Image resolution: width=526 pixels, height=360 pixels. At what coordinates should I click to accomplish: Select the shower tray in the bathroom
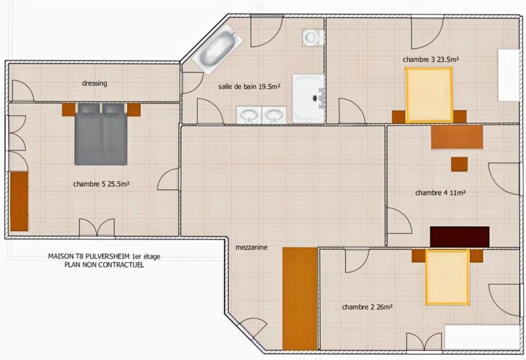click(308, 98)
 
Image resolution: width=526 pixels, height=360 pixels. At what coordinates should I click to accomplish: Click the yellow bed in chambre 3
click(429, 95)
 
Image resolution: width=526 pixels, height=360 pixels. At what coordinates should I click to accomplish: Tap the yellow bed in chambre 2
click(447, 277)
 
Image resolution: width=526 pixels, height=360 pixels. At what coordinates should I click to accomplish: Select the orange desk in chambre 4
click(457, 137)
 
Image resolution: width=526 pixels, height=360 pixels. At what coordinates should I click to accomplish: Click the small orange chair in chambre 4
click(459, 164)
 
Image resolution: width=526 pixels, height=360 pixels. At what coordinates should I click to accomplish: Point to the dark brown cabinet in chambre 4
click(460, 236)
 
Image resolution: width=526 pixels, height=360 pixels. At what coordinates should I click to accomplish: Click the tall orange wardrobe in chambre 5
click(19, 201)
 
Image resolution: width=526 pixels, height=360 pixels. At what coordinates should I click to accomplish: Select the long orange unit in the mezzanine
click(300, 298)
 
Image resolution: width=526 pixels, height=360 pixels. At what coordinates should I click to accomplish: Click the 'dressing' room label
click(95, 83)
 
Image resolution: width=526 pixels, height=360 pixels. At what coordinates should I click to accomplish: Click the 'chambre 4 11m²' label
click(441, 193)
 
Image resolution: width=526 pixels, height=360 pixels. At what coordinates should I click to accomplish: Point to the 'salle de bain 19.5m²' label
click(248, 87)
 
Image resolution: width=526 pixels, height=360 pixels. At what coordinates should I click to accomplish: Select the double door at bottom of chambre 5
click(97, 228)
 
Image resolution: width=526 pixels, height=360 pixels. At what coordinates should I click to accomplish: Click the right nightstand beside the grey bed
click(134, 109)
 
